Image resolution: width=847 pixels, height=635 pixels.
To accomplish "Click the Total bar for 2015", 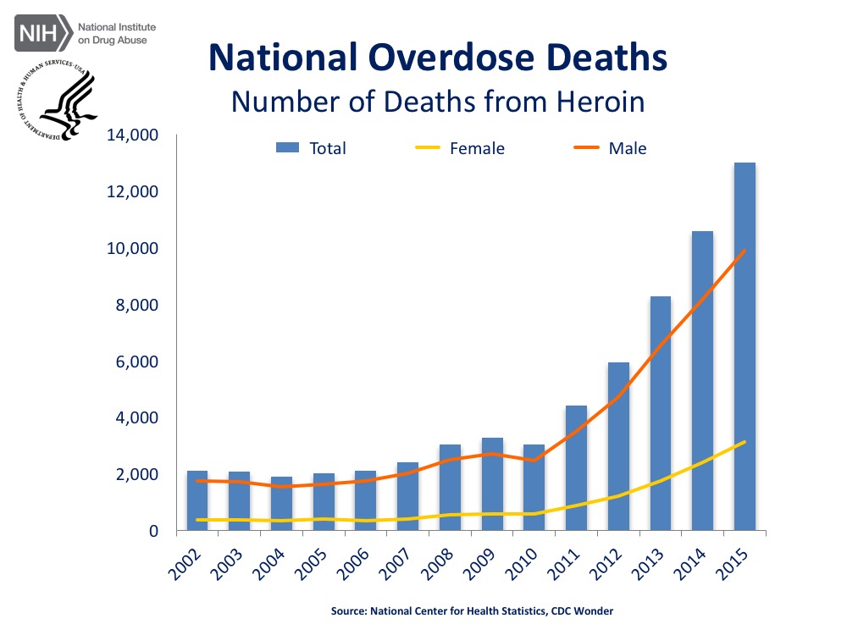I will click(x=745, y=347).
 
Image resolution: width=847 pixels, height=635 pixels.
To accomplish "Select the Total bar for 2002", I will click(x=197, y=500).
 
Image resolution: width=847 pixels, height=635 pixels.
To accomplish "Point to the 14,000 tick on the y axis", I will click(x=132, y=135).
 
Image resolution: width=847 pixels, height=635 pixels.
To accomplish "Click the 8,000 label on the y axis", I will click(x=136, y=305).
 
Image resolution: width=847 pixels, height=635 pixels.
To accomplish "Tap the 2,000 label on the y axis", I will click(x=136, y=474).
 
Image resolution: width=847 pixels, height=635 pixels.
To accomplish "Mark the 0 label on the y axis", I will click(x=153, y=531).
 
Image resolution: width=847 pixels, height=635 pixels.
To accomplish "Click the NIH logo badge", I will click(x=42, y=34).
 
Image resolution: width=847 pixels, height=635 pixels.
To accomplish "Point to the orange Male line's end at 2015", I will click(x=745, y=251).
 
